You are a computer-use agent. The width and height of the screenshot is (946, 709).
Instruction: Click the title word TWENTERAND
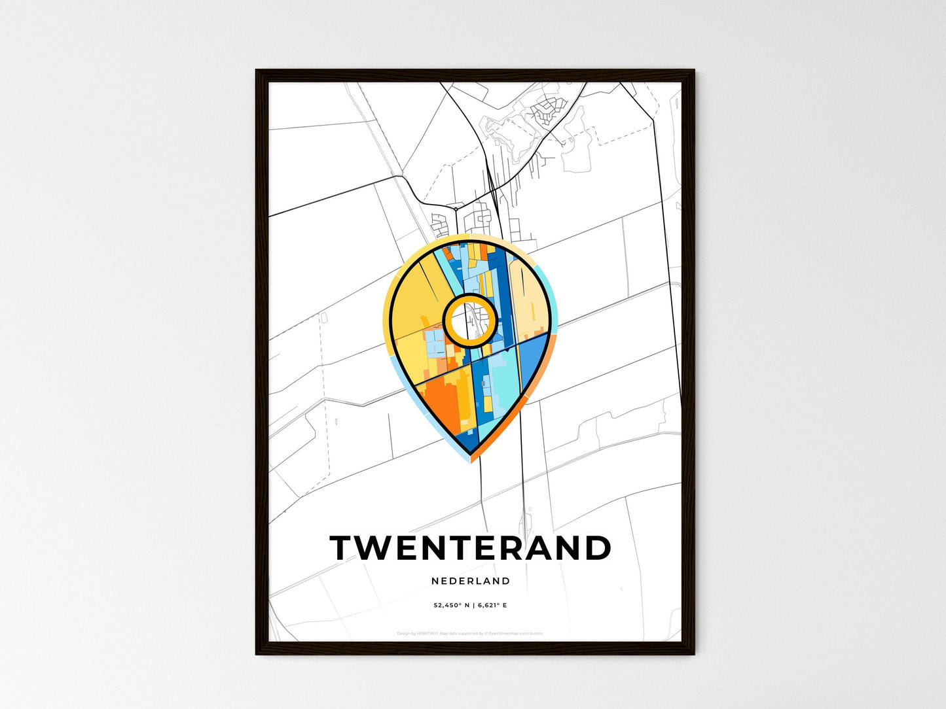tap(470, 548)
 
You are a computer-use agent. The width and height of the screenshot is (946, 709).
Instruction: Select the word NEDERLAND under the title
tap(471, 581)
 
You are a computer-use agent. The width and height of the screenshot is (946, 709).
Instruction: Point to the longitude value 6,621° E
tap(491, 606)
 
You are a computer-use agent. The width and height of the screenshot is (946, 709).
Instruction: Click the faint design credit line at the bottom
tap(470, 633)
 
